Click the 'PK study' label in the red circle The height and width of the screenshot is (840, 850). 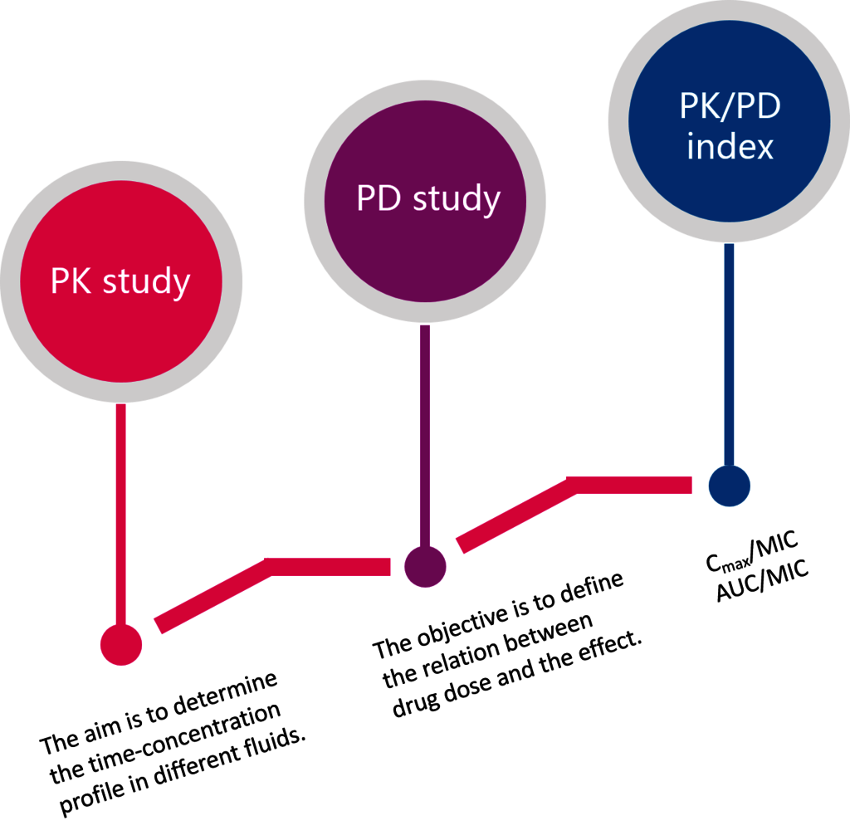[120, 282]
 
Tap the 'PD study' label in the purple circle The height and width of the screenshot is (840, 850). [428, 199]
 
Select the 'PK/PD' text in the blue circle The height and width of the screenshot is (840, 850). [730, 105]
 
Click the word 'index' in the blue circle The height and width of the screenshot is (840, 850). [730, 146]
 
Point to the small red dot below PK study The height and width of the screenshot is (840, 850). [121, 645]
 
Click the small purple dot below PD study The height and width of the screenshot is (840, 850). [426, 567]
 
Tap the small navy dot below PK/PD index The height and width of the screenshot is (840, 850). [730, 486]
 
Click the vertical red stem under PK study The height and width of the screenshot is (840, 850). [121, 514]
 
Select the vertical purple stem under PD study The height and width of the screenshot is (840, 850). [425, 437]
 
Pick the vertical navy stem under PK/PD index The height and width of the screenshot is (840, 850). [729, 354]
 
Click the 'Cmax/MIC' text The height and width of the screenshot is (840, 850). [752, 551]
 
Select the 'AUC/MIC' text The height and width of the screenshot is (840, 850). [763, 582]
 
